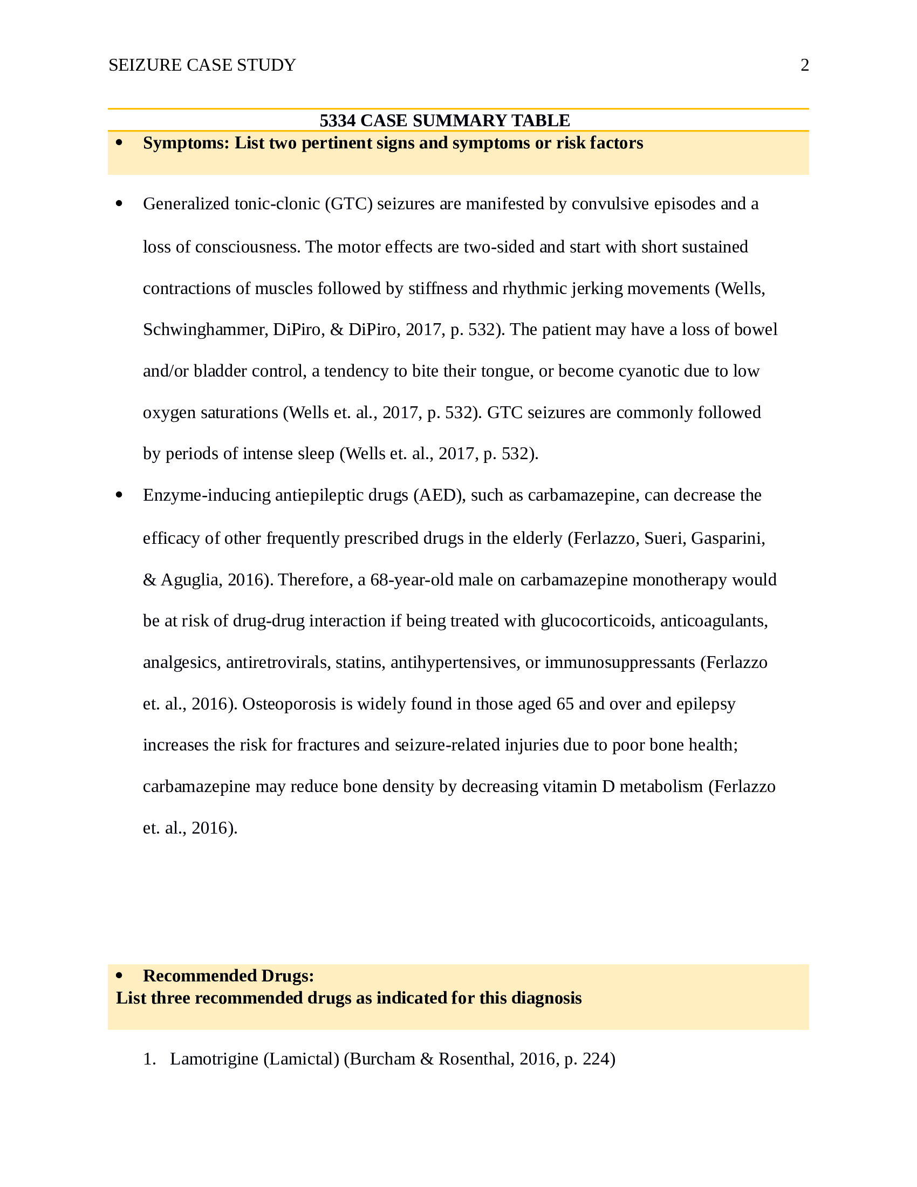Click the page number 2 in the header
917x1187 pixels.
point(805,65)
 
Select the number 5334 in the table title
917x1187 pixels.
point(337,121)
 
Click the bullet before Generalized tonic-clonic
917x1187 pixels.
point(120,203)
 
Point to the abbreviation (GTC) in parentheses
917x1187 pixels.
point(349,204)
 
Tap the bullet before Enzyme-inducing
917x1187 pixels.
point(120,495)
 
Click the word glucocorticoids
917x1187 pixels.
point(598,621)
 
